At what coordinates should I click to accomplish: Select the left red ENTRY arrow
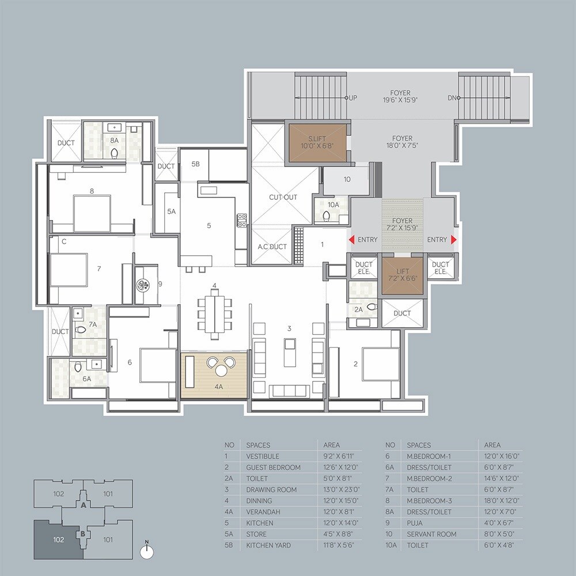349,240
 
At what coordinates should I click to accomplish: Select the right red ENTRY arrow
454,240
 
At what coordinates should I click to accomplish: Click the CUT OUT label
283,197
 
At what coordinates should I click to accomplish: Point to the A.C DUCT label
272,247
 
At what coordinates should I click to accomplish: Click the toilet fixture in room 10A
327,215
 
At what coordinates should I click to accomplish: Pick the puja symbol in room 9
143,283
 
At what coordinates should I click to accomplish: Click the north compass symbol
148,551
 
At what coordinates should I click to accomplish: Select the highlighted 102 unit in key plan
58,539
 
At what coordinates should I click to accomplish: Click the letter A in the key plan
84,505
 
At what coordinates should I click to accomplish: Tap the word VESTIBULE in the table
263,456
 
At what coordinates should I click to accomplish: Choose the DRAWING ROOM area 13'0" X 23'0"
339,490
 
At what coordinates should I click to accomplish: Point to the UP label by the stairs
353,98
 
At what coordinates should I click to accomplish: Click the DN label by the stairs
452,98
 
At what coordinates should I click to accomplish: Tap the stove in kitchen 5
242,220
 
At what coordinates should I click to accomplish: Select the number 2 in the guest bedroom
355,363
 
